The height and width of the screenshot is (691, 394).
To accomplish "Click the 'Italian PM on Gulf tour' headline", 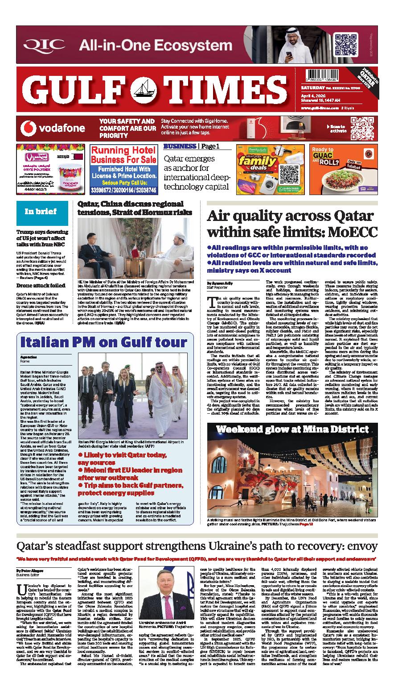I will (x=104, y=342).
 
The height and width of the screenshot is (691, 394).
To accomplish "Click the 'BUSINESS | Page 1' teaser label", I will (x=192, y=146).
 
